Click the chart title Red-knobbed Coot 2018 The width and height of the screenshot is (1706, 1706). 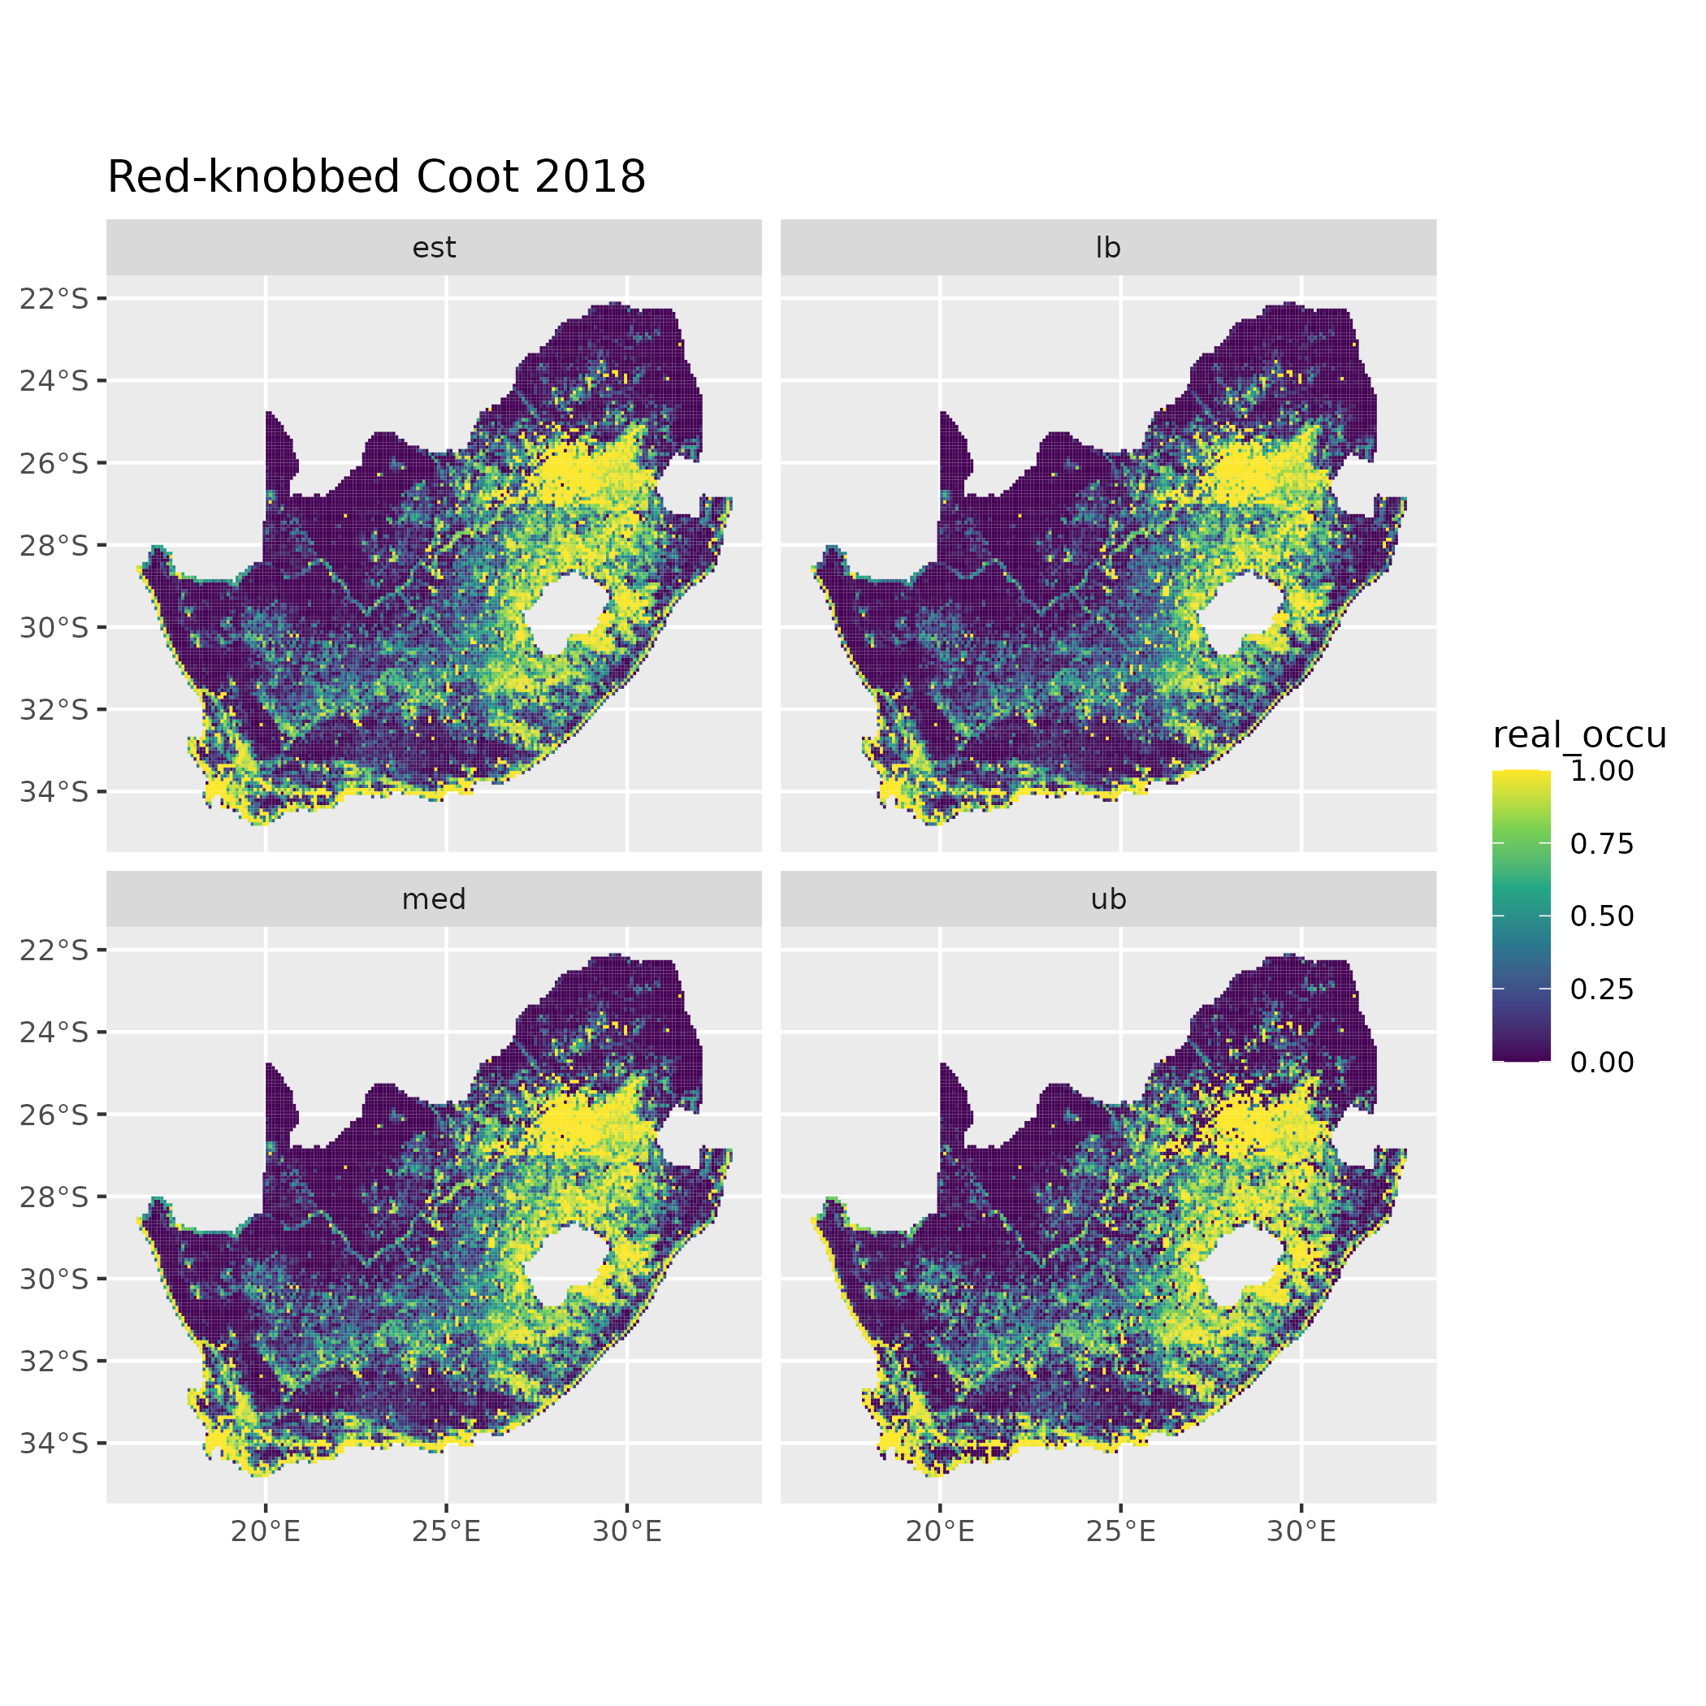[x=376, y=177]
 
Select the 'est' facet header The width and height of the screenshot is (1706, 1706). [x=434, y=248]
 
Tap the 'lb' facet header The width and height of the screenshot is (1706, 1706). [x=1107, y=248]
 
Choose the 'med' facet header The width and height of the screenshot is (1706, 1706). [x=434, y=899]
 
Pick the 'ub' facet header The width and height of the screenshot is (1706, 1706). [x=1107, y=899]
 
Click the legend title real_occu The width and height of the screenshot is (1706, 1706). [x=1578, y=734]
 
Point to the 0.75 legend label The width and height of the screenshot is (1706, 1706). [x=1602, y=844]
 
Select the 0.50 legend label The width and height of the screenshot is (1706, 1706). [x=1602, y=916]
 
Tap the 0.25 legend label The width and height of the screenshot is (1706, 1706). [x=1602, y=989]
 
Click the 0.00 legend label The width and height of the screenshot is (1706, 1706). [x=1602, y=1063]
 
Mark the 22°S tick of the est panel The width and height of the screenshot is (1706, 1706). [x=54, y=298]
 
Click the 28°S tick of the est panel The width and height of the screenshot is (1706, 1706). [x=54, y=545]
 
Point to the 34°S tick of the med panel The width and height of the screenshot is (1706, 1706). [x=54, y=1443]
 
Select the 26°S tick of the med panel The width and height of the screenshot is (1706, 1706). [x=54, y=1115]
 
